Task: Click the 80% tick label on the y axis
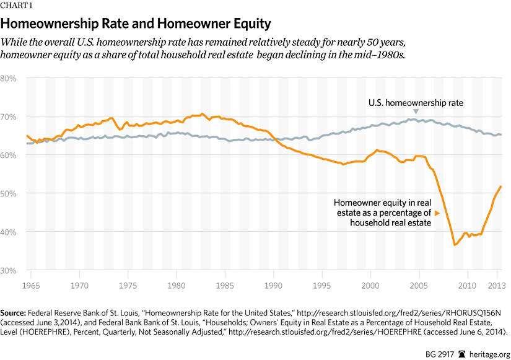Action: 9,79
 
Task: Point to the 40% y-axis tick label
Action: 9,232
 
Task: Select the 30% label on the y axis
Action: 9,270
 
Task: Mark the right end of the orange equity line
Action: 501,187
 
